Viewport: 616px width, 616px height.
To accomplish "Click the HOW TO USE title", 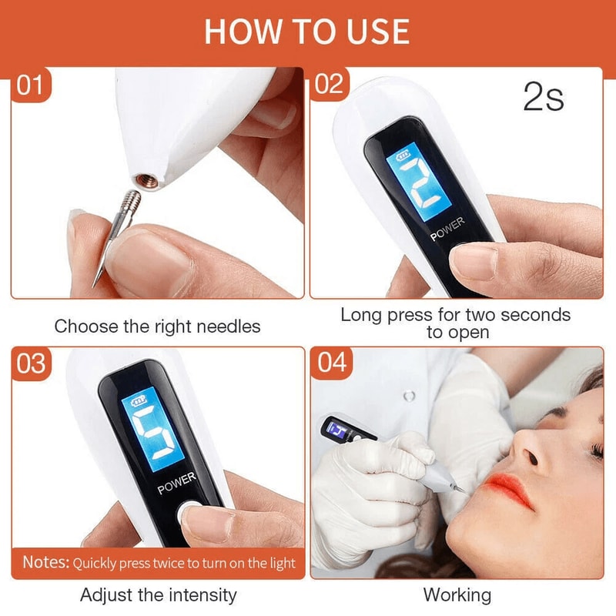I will (x=307, y=32).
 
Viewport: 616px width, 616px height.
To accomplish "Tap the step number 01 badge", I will (x=30, y=85).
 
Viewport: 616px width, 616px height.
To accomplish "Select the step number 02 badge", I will (x=330, y=85).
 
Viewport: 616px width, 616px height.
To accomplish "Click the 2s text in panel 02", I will (x=543, y=99).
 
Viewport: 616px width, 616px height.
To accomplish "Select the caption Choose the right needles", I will (x=157, y=326).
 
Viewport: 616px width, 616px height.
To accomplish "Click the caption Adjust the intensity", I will (x=158, y=594).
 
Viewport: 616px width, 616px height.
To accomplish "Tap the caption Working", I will (x=457, y=594).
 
